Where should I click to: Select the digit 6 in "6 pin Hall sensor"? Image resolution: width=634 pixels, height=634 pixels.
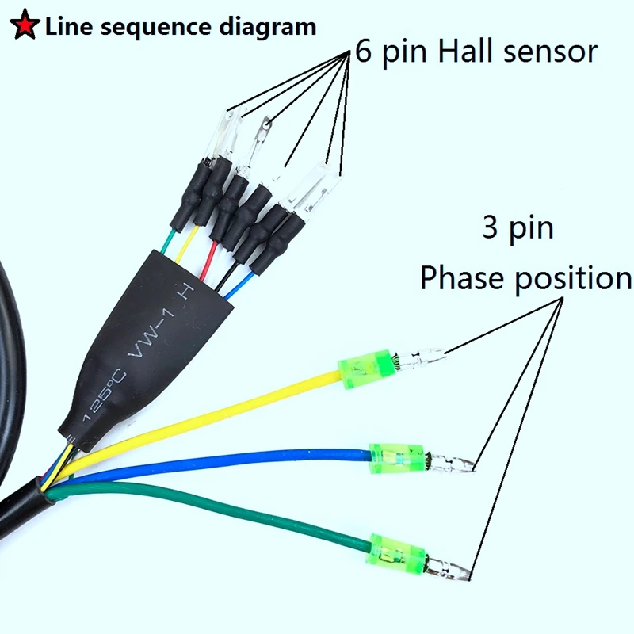(364, 52)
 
